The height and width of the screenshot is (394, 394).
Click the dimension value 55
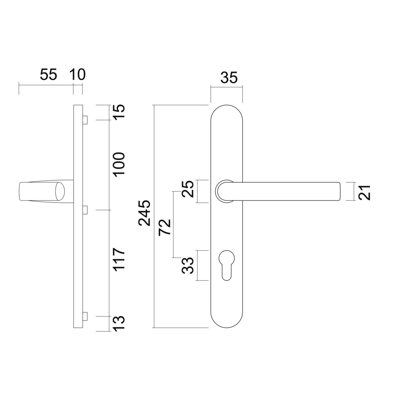[49, 74]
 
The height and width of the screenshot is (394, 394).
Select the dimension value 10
[78, 74]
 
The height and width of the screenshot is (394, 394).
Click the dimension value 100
[119, 165]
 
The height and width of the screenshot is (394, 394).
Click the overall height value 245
[144, 213]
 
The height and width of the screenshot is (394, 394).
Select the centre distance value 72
[165, 227]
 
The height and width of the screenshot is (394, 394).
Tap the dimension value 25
[188, 189]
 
